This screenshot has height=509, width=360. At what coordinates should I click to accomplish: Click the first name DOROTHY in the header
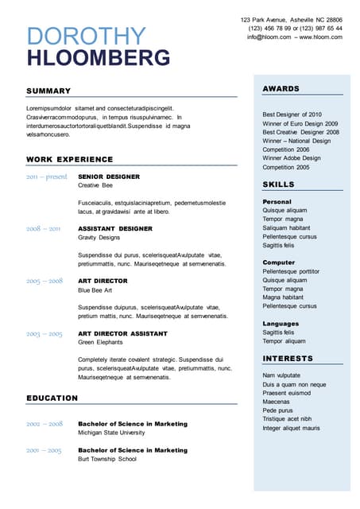[87, 37]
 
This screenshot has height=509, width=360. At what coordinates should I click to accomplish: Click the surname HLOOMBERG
[99, 58]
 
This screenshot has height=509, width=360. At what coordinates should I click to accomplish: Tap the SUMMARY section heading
[48, 91]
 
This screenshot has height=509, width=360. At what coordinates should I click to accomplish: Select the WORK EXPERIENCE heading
[70, 160]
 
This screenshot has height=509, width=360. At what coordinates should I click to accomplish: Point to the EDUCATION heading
[52, 398]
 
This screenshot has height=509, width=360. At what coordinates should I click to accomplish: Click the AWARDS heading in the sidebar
[281, 88]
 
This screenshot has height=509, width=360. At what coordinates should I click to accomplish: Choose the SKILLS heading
[278, 185]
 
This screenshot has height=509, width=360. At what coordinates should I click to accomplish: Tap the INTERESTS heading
[288, 359]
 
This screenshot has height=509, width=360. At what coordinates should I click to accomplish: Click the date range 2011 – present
[46, 177]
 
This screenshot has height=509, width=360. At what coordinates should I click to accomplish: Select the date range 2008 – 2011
[43, 228]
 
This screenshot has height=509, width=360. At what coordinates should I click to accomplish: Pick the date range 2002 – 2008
[44, 424]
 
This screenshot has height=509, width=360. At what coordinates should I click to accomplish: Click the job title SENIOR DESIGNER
[109, 177]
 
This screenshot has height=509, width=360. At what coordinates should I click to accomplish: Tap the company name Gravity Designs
[99, 237]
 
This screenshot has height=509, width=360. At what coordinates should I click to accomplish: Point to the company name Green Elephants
[100, 342]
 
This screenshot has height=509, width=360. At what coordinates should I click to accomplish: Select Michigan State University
[111, 433]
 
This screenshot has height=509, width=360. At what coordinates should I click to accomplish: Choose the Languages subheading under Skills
[281, 324]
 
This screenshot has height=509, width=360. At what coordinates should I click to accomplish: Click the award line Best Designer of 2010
[292, 115]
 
